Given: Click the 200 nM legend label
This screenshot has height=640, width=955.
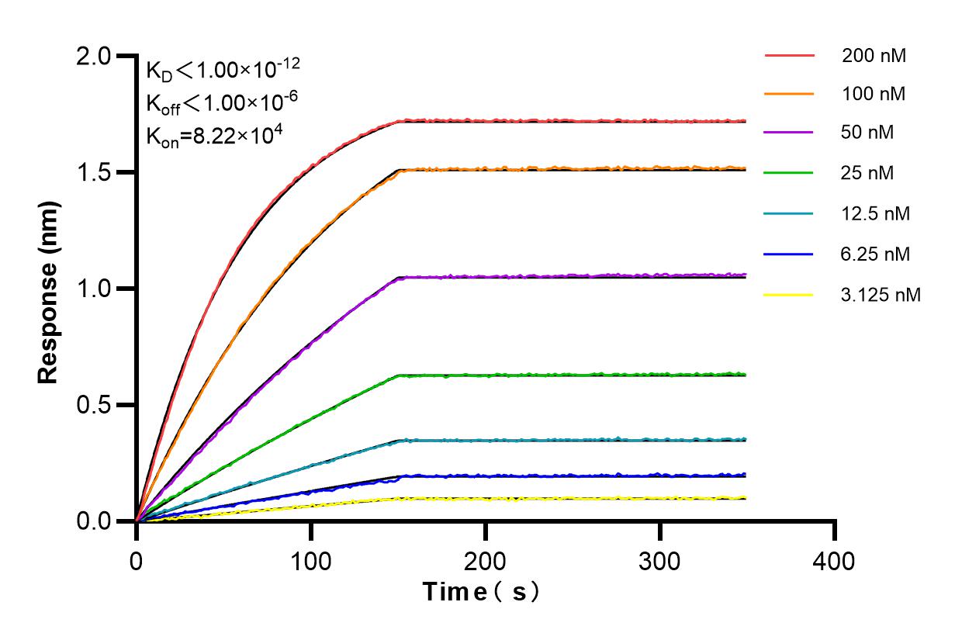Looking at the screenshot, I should [x=874, y=56].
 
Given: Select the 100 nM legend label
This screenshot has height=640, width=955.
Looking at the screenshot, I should [x=874, y=95].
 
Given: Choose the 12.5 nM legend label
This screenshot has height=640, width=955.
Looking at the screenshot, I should [x=876, y=213].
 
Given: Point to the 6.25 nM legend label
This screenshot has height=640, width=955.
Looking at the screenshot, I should [x=876, y=254].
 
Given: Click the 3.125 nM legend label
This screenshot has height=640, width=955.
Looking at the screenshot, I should [x=881, y=295].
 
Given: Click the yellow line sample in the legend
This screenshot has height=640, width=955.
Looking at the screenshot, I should [x=789, y=295].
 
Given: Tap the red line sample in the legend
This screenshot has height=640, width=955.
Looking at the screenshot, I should [x=789, y=56].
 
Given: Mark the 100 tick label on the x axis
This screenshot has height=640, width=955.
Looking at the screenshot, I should [x=311, y=560].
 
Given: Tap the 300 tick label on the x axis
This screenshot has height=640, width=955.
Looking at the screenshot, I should [x=660, y=560].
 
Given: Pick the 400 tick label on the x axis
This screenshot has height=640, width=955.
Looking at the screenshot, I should [x=835, y=560].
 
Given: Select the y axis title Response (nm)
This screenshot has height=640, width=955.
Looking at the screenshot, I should [x=49, y=289].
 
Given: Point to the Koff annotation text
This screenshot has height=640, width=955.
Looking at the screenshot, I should [x=220, y=102].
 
